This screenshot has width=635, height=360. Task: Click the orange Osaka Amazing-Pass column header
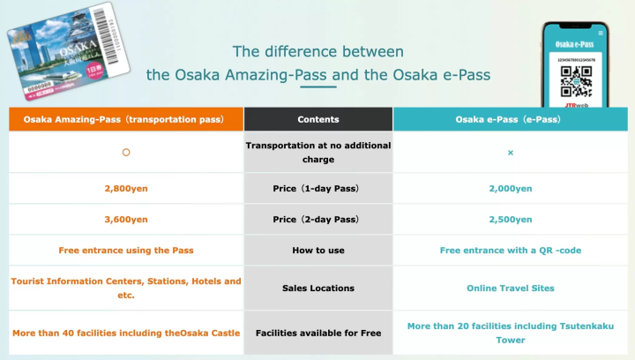click(126, 119)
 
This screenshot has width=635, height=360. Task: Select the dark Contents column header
click(318, 119)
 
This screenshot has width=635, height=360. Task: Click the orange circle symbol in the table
click(126, 153)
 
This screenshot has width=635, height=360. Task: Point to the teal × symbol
click(511, 153)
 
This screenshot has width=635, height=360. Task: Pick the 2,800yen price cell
click(126, 188)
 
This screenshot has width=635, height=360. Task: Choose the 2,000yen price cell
click(511, 188)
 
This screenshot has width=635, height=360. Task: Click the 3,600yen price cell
click(126, 219)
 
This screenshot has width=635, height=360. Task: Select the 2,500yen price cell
click(511, 219)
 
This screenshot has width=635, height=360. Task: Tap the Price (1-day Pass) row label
click(318, 188)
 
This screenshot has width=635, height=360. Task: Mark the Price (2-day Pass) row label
click(318, 219)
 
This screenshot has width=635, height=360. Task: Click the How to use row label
click(318, 251)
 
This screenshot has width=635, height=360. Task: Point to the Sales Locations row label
click(318, 288)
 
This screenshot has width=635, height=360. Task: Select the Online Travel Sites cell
click(511, 288)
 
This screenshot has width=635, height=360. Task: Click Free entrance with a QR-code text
click(511, 251)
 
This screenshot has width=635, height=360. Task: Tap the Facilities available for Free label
click(318, 334)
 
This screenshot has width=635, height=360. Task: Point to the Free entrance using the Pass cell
click(126, 251)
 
